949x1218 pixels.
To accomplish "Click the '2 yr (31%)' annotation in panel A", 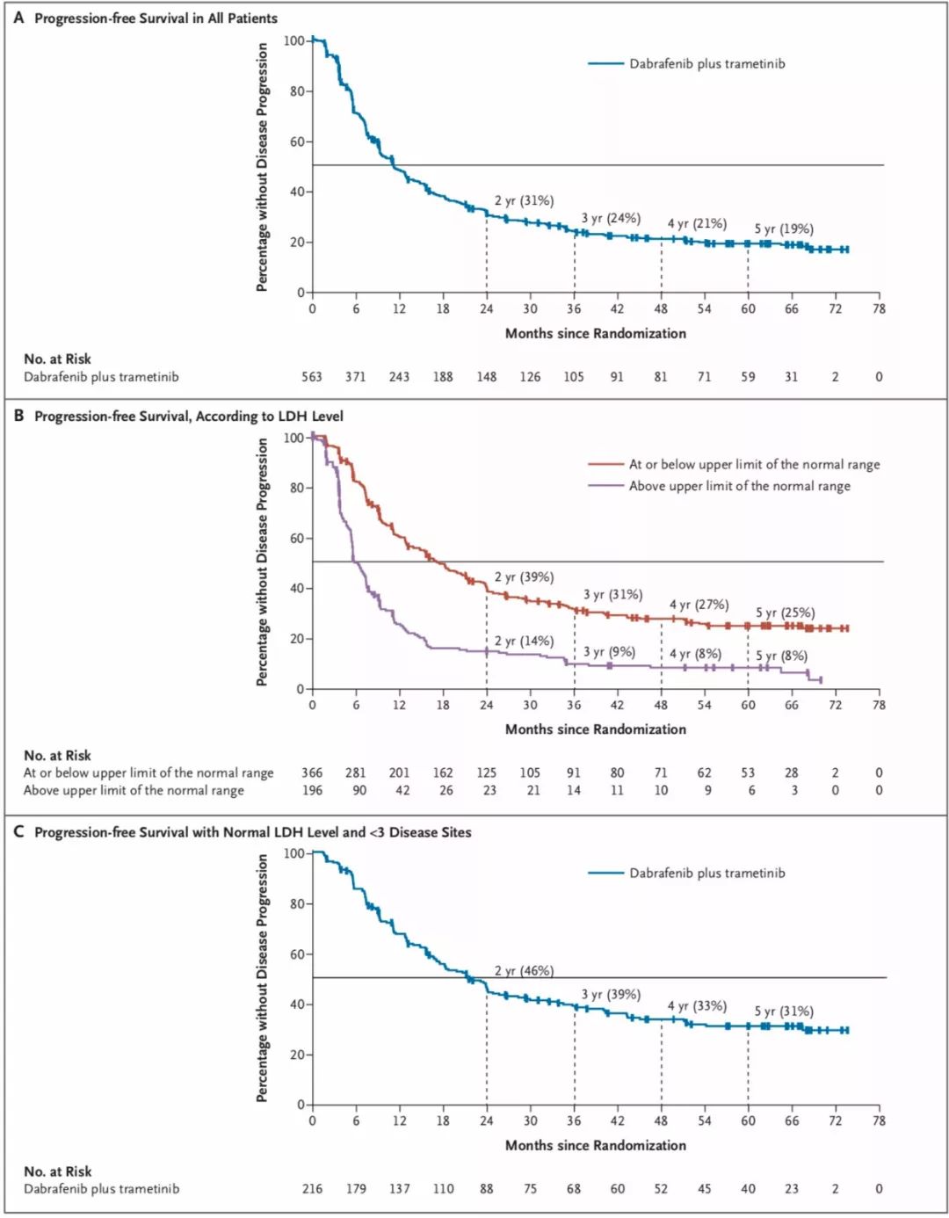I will point(524,201).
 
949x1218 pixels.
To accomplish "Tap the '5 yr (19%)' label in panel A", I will point(784,229).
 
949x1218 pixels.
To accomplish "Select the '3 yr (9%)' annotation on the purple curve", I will point(609,652).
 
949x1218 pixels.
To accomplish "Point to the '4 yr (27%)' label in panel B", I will point(699,605).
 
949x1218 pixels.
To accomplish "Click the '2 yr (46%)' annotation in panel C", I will point(524,971).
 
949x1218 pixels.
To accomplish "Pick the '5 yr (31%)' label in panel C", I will point(784,1011).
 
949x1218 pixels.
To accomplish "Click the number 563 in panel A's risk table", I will point(312,377).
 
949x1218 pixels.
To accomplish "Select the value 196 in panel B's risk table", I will point(312,790).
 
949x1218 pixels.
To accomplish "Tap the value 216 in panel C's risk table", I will point(312,1189).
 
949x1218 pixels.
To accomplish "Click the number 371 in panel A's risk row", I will point(355,377).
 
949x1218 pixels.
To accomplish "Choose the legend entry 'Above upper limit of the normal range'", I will point(739,486).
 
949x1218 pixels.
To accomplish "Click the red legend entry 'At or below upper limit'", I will point(753,465).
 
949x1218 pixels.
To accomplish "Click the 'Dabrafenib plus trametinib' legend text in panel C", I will point(706,874).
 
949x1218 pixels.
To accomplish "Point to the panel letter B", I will point(18,416).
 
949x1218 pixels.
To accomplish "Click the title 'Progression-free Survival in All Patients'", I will point(156,18).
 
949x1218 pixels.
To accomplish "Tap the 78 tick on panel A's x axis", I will point(879,309).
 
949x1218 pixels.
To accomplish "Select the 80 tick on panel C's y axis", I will point(296,904).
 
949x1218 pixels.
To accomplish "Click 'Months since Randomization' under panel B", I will point(595,729).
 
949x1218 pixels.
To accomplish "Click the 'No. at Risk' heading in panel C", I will point(57,1171).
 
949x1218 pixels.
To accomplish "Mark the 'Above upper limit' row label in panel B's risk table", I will point(134,791).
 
